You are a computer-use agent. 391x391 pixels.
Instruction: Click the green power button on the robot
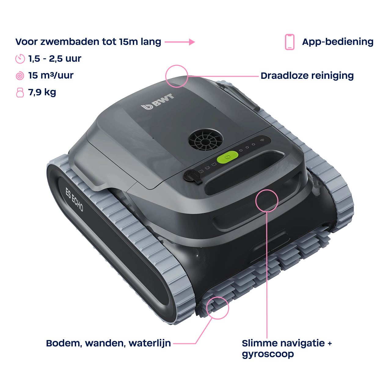(227, 157)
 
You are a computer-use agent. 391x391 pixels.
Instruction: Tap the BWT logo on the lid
(157, 102)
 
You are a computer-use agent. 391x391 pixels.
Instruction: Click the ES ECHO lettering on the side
(74, 200)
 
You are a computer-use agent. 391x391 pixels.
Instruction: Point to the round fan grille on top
(206, 139)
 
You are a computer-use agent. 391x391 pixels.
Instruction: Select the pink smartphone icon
(290, 42)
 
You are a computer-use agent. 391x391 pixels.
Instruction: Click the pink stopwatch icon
(20, 59)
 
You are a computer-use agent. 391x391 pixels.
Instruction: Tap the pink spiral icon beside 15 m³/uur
(20, 76)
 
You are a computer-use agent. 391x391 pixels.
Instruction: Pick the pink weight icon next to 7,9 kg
(20, 93)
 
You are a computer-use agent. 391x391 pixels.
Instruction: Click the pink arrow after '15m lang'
(180, 42)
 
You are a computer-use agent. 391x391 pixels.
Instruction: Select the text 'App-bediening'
(338, 42)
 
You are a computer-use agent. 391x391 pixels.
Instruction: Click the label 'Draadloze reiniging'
(307, 76)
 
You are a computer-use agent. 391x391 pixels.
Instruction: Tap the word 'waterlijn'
(150, 343)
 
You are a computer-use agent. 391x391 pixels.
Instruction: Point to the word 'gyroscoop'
(268, 354)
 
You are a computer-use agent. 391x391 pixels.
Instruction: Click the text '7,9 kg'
(42, 92)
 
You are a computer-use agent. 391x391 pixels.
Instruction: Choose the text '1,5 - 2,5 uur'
(55, 59)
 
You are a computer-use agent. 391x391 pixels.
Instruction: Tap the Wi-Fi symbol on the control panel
(262, 140)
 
